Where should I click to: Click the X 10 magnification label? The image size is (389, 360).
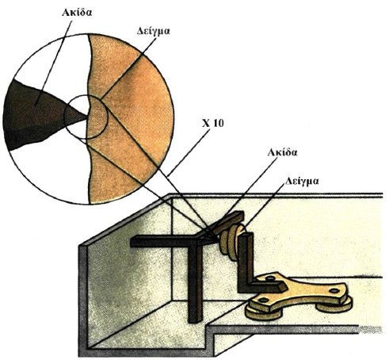(212, 123)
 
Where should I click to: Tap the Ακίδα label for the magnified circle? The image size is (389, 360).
(77, 13)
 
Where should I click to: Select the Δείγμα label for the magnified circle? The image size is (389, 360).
(154, 31)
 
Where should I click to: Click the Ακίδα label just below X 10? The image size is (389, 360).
(282, 152)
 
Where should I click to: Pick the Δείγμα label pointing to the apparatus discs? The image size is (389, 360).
(302, 182)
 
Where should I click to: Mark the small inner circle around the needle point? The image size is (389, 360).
(86, 95)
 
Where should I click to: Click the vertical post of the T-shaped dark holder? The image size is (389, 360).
(195, 283)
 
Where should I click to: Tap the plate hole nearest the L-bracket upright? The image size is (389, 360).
(270, 278)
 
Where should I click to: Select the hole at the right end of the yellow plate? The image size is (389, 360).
(334, 291)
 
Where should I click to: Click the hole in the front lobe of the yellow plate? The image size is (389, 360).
(262, 300)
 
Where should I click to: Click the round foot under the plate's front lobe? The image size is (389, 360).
(263, 313)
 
